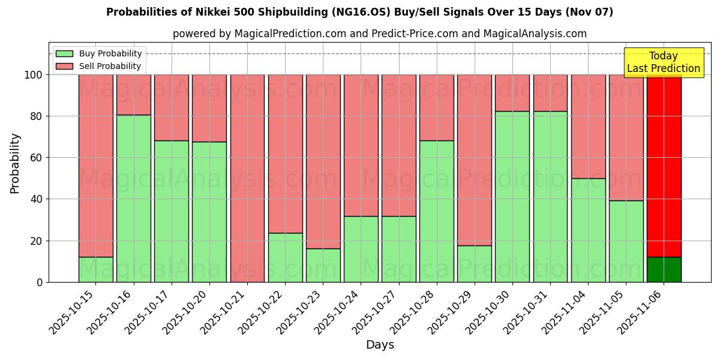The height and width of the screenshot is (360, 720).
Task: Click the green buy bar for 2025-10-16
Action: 133,198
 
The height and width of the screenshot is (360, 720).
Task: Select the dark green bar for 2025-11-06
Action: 664,269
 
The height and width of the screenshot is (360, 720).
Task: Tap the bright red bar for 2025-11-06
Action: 664,166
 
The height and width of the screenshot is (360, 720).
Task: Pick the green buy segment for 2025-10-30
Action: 512,196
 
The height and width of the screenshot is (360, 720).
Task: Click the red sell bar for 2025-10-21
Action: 247,178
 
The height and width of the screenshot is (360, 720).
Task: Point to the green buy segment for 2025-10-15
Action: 95,269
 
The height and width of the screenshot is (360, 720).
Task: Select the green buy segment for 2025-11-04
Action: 588,230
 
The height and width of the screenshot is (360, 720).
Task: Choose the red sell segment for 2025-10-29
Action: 475,160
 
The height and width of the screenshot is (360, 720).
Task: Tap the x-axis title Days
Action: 380,345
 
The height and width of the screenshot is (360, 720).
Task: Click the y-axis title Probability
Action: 15,163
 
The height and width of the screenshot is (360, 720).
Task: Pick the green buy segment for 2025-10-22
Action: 285,257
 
